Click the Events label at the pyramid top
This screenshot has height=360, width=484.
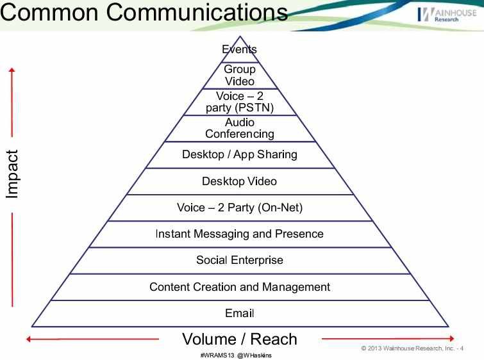239,49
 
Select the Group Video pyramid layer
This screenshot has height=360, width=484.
239,75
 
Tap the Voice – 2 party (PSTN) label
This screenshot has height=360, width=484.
239,102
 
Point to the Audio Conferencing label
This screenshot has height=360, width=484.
239,128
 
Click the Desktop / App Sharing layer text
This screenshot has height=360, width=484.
239,154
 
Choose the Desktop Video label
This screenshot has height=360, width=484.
239,181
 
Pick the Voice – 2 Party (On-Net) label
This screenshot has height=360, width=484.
239,208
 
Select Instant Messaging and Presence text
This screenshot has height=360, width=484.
239,234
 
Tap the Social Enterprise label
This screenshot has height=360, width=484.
239,260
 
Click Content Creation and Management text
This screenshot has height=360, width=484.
239,286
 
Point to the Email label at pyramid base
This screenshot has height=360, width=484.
239,313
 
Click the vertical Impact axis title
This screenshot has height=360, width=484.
12,174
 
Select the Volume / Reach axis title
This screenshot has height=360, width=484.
239,339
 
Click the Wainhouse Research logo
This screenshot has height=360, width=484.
446,15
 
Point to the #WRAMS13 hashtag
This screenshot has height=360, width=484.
217,355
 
